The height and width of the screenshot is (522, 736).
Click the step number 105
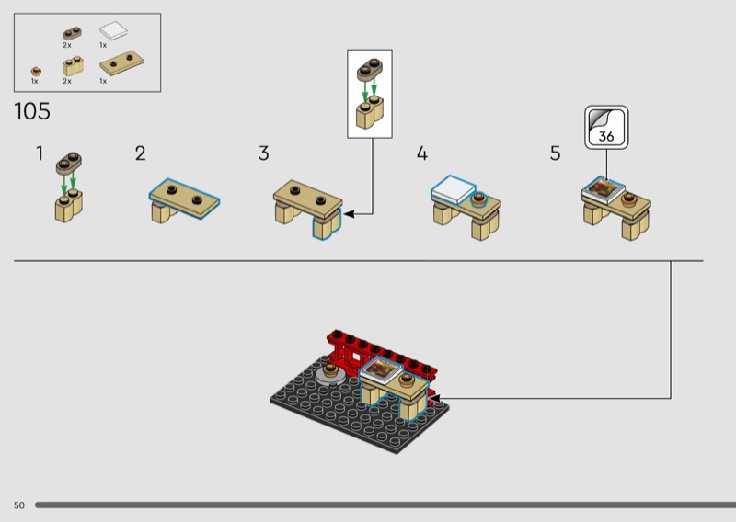(32, 111)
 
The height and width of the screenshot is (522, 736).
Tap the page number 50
(18, 505)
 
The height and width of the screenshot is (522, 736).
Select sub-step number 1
(40, 153)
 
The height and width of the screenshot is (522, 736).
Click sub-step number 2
(141, 153)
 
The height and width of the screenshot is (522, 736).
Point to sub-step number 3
(264, 153)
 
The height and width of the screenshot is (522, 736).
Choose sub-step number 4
(422, 153)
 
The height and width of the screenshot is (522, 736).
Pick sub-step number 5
(556, 153)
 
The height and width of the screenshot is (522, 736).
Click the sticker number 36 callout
(606, 128)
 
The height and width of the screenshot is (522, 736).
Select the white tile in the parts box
(113, 31)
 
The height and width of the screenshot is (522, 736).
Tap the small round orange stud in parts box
(36, 72)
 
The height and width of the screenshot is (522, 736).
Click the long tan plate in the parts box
(121, 62)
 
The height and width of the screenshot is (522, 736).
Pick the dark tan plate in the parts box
(73, 33)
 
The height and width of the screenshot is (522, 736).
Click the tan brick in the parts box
(73, 66)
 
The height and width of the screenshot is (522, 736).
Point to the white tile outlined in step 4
(454, 189)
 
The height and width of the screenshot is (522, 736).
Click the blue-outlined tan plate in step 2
(185, 199)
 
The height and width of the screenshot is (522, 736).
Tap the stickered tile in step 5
(604, 189)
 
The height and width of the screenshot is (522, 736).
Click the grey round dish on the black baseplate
(331, 375)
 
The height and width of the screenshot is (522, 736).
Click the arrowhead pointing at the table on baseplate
(434, 399)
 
